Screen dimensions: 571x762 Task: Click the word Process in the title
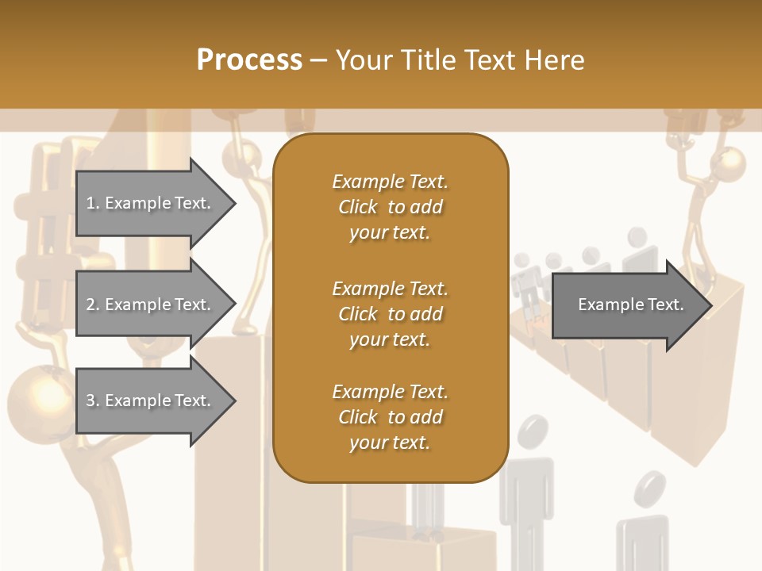coord(249,60)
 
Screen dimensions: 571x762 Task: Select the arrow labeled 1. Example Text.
coord(151,203)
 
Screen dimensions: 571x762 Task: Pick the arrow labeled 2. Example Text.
coord(151,305)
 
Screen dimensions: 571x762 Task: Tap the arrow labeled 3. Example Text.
coord(151,400)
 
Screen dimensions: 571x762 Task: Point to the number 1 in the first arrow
coord(90,203)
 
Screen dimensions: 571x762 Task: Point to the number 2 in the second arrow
coord(90,305)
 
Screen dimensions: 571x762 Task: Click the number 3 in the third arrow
coord(90,400)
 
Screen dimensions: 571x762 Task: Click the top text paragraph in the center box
coord(390,206)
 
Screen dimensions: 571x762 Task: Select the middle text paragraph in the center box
coord(390,313)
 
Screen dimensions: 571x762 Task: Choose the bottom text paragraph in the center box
coord(390,417)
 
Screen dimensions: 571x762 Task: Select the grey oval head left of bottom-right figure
coord(532,433)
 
